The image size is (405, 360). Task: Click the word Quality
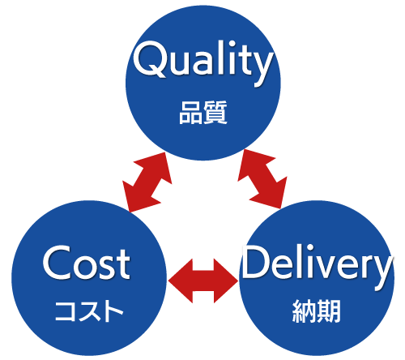click(x=203, y=63)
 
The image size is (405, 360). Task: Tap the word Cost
click(x=86, y=263)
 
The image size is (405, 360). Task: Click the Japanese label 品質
click(x=203, y=113)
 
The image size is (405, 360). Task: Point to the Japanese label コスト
click(x=89, y=311)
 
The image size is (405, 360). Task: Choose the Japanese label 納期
click(x=316, y=311)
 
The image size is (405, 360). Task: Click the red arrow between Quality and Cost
click(x=147, y=182)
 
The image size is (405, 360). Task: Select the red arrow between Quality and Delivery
click(x=262, y=179)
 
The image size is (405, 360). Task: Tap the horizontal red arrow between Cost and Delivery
click(x=203, y=281)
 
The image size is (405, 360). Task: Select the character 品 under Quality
click(x=190, y=113)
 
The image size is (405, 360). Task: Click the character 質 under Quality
click(x=215, y=113)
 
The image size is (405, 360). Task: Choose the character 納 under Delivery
click(x=304, y=311)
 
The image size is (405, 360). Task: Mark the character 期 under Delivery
click(x=329, y=311)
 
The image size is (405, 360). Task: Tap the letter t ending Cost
click(x=122, y=264)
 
